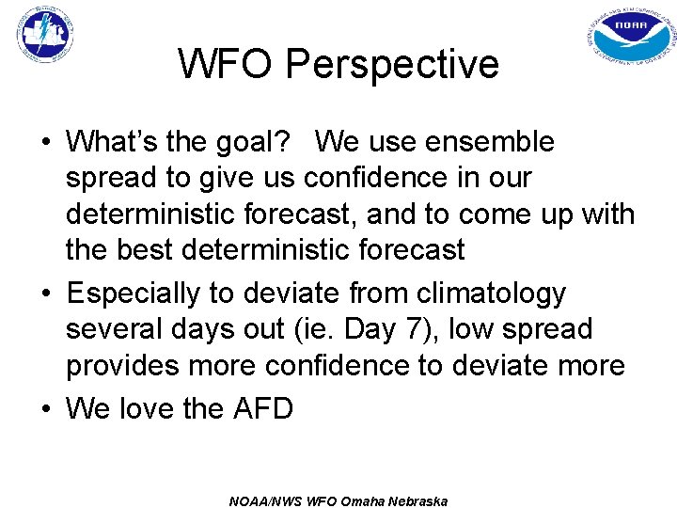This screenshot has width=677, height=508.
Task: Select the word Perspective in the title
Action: click(x=392, y=64)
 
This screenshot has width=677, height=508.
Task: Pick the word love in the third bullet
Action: click(x=151, y=408)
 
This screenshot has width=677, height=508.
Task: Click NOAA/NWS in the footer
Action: click(x=265, y=500)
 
